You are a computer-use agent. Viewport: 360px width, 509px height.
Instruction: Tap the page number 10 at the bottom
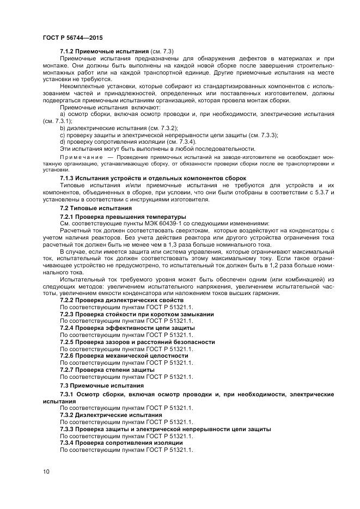point(46,471)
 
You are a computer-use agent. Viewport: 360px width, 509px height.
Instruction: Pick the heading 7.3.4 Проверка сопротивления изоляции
point(125,443)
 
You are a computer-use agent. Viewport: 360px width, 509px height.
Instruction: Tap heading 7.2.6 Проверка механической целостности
point(124,355)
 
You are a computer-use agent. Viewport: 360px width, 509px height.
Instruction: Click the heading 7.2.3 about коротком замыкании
point(136,314)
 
